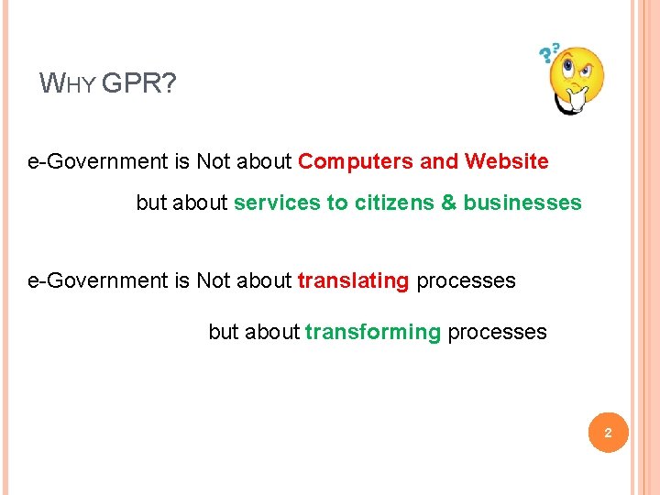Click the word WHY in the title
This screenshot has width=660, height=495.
click(68, 85)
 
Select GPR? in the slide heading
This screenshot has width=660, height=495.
click(139, 85)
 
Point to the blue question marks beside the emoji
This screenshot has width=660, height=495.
click(548, 53)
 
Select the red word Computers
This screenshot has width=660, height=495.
click(356, 162)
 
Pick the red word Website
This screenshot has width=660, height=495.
click(506, 162)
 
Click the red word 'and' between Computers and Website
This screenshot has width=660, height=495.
click(439, 162)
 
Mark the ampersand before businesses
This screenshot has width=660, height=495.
click(448, 203)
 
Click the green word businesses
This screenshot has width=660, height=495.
click(522, 203)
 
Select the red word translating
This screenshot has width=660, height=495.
click(353, 280)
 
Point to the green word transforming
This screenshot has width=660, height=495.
click(372, 332)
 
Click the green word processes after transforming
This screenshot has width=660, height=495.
click(497, 332)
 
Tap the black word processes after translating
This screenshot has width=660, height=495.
click(466, 280)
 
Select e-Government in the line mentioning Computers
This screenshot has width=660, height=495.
click(97, 162)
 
